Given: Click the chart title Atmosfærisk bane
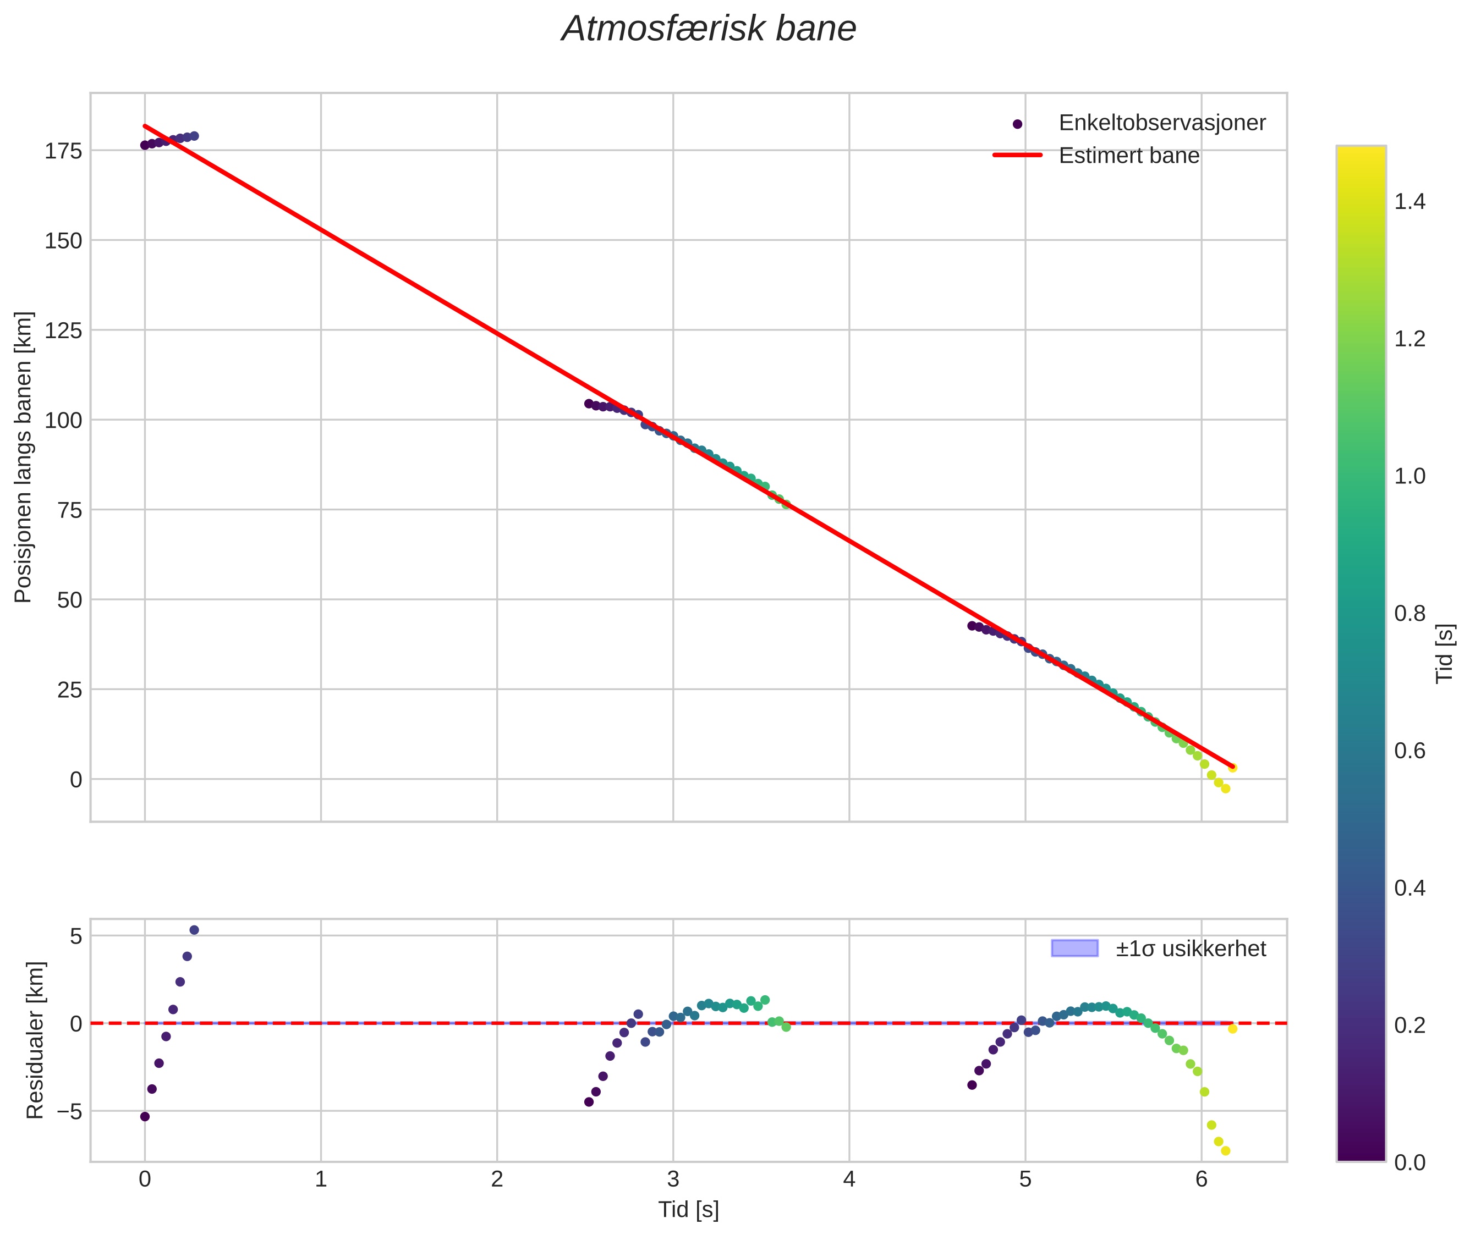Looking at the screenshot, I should coord(708,29).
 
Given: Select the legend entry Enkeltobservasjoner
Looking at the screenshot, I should coord(1161,123).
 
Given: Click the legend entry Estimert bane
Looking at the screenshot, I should coord(1128,156).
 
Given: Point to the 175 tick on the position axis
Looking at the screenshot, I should coord(64,151).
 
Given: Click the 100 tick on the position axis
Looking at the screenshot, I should coord(64,420).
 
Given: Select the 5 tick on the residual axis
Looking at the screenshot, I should coord(75,936).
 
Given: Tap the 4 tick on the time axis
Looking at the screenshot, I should coord(849,1179).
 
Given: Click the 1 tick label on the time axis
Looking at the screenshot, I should coord(321,1179).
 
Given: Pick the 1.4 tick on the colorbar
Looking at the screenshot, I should coord(1409,202).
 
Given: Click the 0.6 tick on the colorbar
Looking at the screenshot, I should coord(1409,751).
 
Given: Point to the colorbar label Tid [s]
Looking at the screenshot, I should coord(1444,653).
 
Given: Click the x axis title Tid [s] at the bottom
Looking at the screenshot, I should coord(688,1210).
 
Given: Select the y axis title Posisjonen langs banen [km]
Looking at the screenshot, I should coord(23,456).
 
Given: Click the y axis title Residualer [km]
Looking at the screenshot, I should coord(35,1040).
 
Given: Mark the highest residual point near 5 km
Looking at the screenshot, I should coord(194,930).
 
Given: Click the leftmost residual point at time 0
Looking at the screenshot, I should coord(145,1117).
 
